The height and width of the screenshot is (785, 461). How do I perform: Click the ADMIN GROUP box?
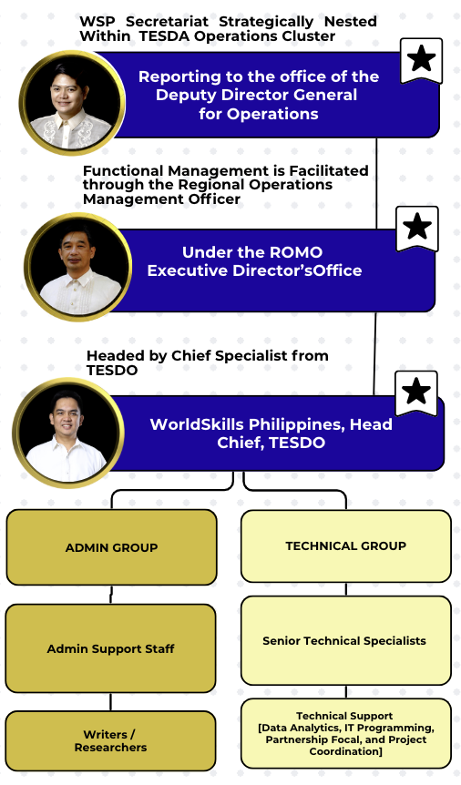tap(111, 546)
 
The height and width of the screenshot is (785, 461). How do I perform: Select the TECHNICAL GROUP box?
tap(346, 545)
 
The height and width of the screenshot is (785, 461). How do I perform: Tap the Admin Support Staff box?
tap(111, 648)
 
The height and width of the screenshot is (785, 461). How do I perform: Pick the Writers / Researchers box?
tap(111, 741)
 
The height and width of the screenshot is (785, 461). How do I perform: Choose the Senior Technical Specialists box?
tap(346, 640)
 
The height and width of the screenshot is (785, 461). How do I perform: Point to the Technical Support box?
tap(346, 733)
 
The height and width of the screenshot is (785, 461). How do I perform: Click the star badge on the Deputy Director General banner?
tap(422, 60)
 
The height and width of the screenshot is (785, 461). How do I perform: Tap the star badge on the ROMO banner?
tap(417, 228)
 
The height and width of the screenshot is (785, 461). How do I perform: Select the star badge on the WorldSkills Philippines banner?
tap(416, 393)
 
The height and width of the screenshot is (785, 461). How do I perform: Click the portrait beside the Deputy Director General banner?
tap(72, 103)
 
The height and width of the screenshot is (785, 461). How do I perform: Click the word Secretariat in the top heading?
tap(167, 22)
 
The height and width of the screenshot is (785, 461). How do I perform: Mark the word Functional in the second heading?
tap(123, 170)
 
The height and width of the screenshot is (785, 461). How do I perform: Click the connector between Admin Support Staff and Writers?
tap(111, 702)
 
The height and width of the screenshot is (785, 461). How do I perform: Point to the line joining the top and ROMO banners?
tap(376, 183)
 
